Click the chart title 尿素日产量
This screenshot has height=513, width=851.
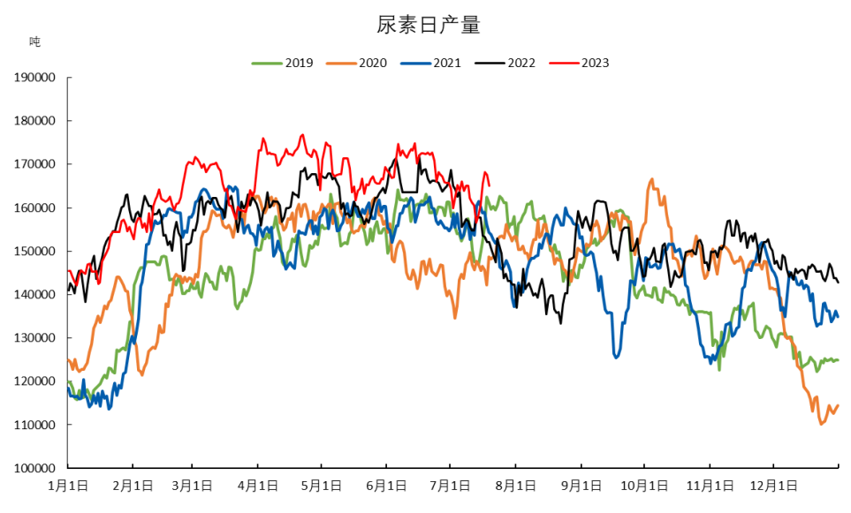429,25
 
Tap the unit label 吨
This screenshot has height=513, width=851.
34,41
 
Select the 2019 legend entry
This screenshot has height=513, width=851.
282,63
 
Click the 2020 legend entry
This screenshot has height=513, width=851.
357,63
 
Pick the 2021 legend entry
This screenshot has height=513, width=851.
431,63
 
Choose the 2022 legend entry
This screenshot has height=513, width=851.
505,63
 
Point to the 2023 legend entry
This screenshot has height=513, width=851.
579,63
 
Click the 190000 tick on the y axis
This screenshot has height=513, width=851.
34,78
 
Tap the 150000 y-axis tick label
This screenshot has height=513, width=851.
34,251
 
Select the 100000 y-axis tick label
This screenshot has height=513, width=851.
34,468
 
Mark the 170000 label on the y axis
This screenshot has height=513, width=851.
34,164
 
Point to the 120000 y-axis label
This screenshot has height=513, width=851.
34,381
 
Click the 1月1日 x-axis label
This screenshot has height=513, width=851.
68,486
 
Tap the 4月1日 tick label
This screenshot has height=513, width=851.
257,486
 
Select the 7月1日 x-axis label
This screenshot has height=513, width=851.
450,486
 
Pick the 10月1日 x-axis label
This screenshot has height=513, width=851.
644,486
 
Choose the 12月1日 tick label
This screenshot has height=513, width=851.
773,486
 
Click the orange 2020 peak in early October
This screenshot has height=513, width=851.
652,179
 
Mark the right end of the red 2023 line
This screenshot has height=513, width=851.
490,185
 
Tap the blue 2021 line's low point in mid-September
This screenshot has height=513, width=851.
615,358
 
